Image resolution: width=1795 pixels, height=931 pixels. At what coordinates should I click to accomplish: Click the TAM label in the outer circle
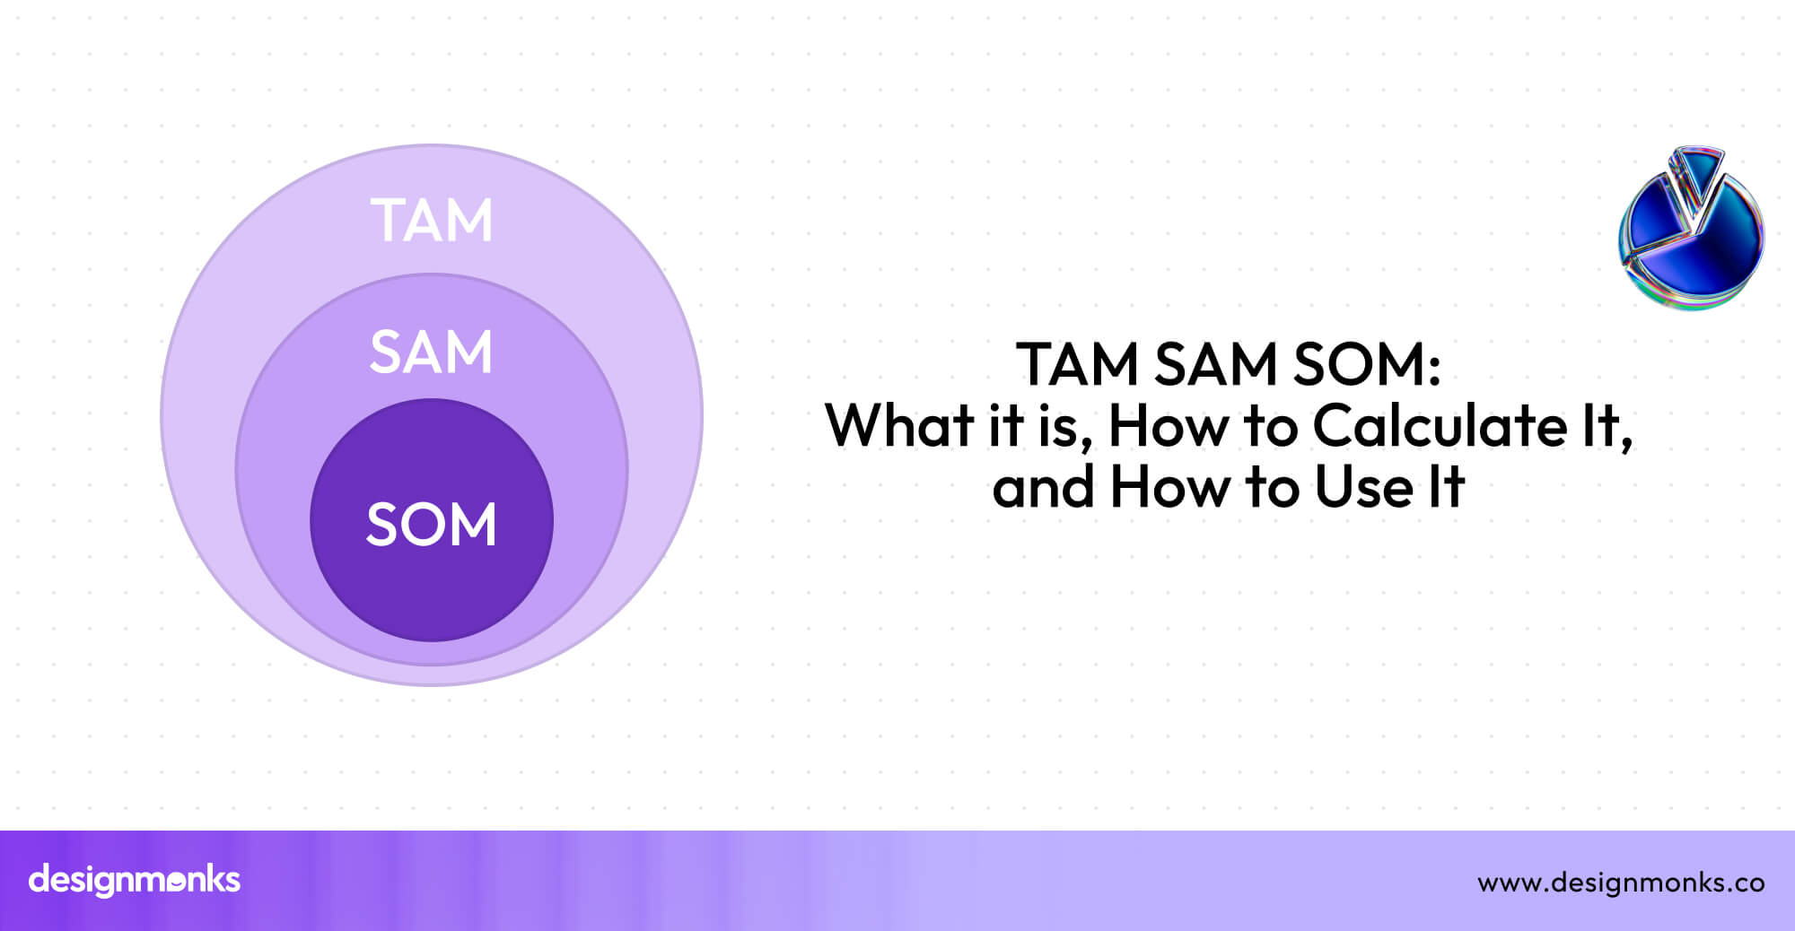pos(432,221)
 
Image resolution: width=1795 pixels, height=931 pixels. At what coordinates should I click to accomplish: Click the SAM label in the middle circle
pos(432,352)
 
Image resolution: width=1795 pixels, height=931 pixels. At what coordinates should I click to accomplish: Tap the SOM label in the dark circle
pos(432,525)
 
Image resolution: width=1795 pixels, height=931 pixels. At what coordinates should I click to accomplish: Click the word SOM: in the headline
pos(1366,365)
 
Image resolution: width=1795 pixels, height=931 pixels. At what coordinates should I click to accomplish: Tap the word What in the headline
pos(898,426)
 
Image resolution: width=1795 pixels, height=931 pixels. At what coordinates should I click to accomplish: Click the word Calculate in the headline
pos(1440,426)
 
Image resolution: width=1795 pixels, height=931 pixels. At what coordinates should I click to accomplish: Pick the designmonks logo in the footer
pos(135,880)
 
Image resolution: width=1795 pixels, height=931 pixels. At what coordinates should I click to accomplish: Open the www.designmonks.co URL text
pos(1621,883)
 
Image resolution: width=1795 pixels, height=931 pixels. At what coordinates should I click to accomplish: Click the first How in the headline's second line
pos(1169,426)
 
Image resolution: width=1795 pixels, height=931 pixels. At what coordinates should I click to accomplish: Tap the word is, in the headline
pos(1065,426)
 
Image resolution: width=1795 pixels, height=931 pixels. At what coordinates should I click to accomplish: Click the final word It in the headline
pos(1444,488)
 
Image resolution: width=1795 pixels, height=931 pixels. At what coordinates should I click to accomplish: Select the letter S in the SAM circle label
pos(386,352)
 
